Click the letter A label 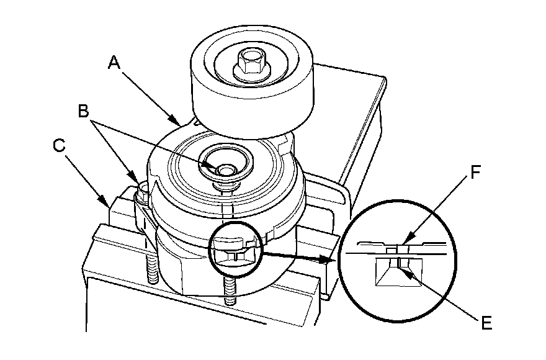coord(114,63)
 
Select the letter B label coord(84,112)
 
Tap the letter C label coord(59,145)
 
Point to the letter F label coord(476,172)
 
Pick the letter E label coord(486,323)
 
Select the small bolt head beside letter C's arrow coord(143,190)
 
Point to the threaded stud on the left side coord(152,268)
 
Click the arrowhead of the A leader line coord(177,120)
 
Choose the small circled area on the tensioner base coord(236,249)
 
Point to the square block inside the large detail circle coord(398,272)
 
